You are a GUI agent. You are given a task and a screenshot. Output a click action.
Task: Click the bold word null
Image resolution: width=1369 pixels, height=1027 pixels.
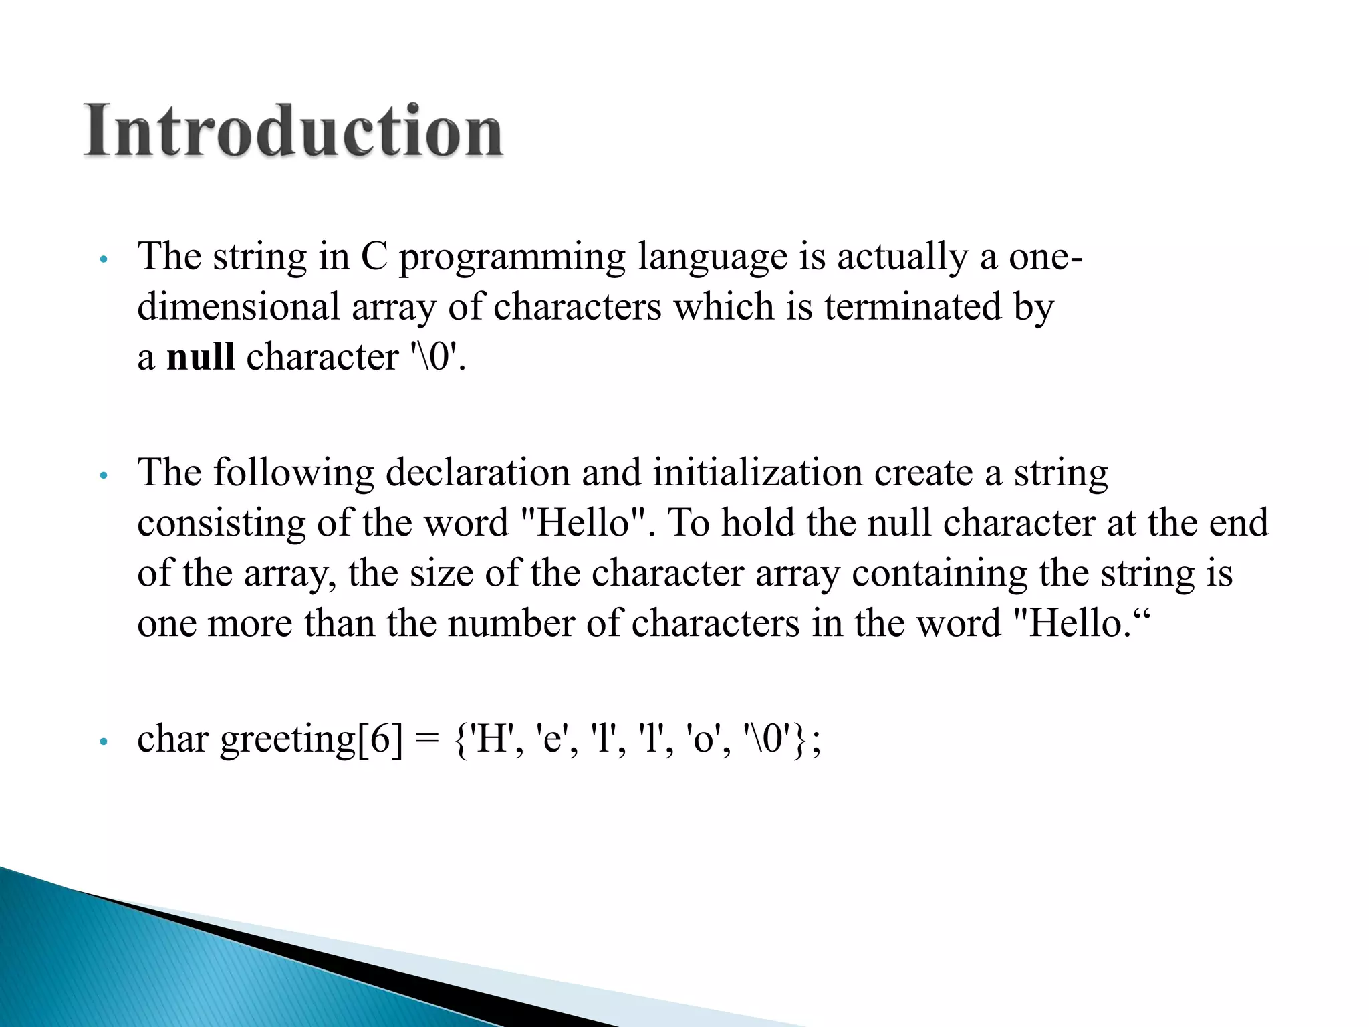pyautogui.click(x=200, y=356)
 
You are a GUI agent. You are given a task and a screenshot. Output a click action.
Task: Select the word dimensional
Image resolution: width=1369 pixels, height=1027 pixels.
pyautogui.click(x=239, y=307)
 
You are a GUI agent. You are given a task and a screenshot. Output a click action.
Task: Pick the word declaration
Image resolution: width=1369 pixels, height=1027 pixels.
pyautogui.click(x=477, y=473)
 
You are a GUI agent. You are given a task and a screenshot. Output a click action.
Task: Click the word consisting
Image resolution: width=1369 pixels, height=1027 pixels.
pyautogui.click(x=221, y=524)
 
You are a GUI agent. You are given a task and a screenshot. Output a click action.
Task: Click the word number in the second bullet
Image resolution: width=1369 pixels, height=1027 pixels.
pyautogui.click(x=511, y=623)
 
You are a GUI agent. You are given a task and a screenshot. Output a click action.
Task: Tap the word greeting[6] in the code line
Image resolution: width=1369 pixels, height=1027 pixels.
pyautogui.click(x=312, y=740)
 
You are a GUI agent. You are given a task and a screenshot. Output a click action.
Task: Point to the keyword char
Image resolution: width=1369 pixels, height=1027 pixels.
pyautogui.click(x=172, y=740)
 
